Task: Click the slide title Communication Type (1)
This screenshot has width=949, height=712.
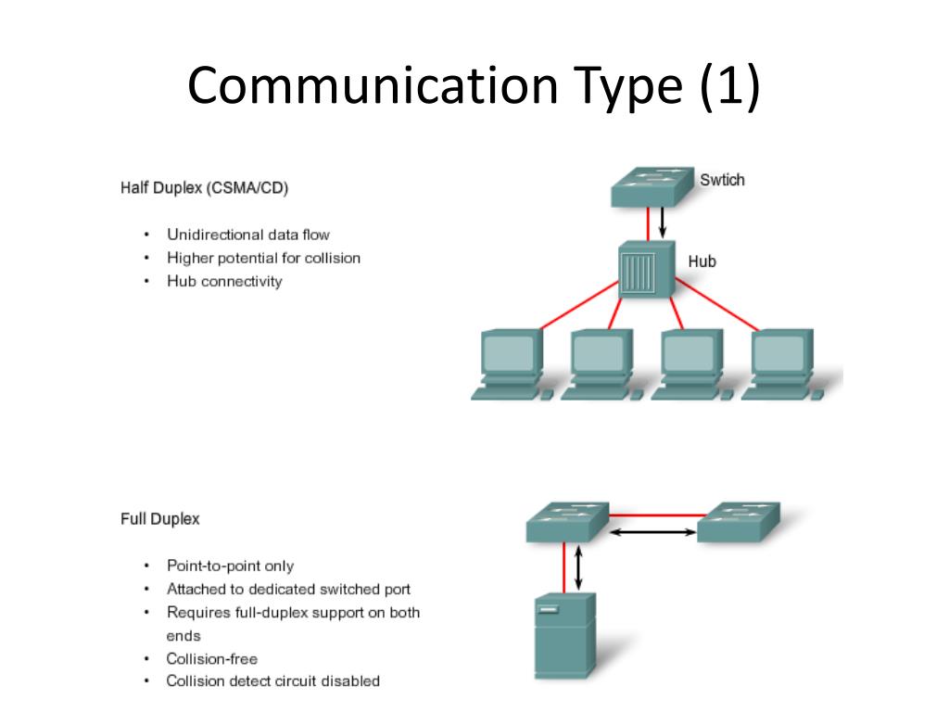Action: pyautogui.click(x=474, y=87)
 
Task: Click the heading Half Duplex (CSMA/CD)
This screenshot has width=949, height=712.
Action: pyautogui.click(x=204, y=188)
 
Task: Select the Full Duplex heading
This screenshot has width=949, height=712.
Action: pyautogui.click(x=159, y=519)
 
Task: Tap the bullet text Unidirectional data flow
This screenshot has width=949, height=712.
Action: pyautogui.click(x=247, y=235)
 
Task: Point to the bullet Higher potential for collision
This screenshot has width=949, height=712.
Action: pyautogui.click(x=263, y=258)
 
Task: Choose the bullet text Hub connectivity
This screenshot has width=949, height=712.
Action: pyautogui.click(x=223, y=281)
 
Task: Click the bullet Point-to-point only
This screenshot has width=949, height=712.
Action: pyautogui.click(x=230, y=566)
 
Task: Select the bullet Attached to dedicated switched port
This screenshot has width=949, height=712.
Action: pyautogui.click(x=288, y=589)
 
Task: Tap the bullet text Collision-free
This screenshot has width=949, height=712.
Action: pyautogui.click(x=211, y=658)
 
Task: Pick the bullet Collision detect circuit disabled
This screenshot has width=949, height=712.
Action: pyautogui.click(x=272, y=681)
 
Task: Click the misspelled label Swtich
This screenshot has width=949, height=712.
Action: pyautogui.click(x=722, y=180)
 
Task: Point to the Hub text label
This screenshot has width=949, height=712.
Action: pyautogui.click(x=702, y=261)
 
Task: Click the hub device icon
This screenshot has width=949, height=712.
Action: pyautogui.click(x=645, y=270)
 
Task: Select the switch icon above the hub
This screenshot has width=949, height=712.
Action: pyautogui.click(x=652, y=186)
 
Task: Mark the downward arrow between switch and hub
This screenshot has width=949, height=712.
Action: pyautogui.click(x=663, y=222)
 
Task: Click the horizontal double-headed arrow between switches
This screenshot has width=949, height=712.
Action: pyautogui.click(x=652, y=532)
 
